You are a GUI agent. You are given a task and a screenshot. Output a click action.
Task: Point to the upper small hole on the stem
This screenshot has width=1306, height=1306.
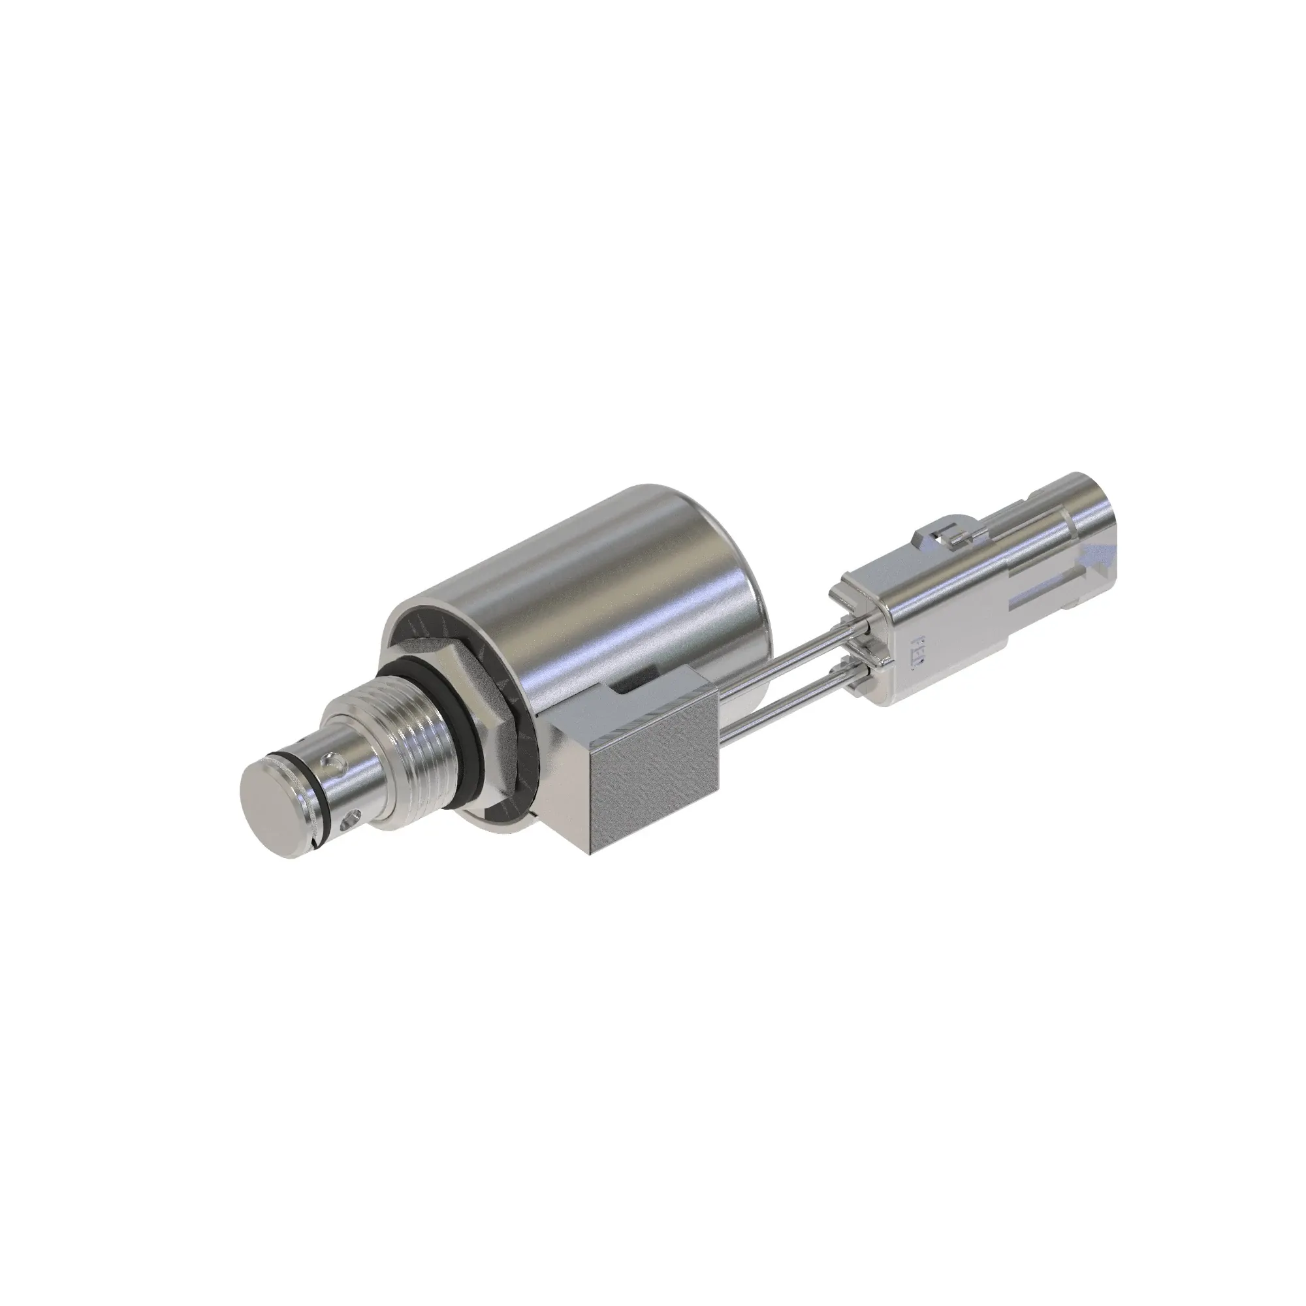330,763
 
